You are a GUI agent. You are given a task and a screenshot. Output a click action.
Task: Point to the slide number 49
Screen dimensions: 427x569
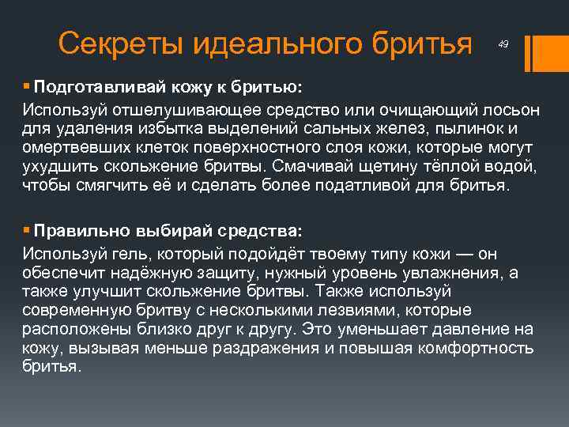[503, 45]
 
